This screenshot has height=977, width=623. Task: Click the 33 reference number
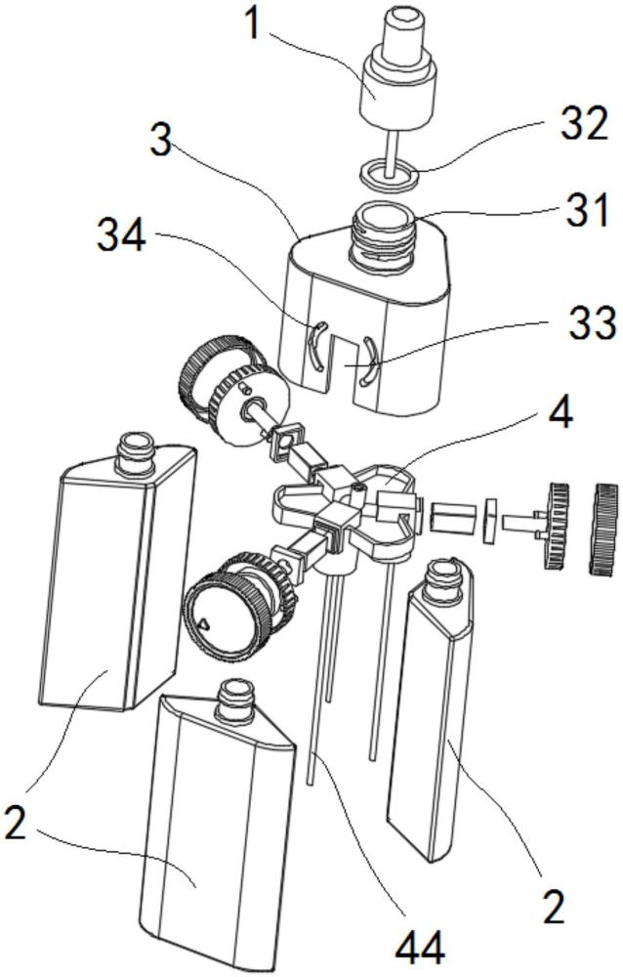click(592, 322)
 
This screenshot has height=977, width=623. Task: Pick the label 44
click(420, 946)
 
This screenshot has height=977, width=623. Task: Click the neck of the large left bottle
click(136, 451)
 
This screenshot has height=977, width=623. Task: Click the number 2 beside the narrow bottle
click(554, 908)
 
